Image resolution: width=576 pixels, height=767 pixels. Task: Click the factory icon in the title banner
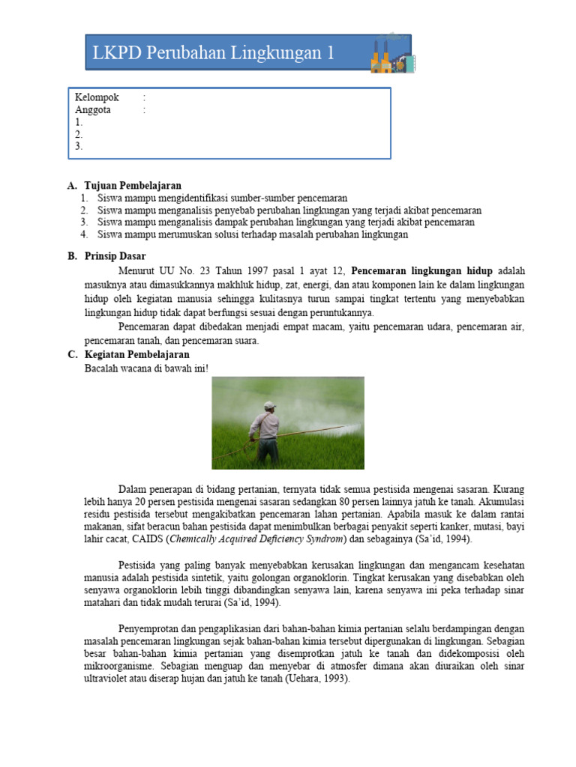click(390, 53)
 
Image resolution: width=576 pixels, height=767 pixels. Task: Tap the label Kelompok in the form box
click(97, 98)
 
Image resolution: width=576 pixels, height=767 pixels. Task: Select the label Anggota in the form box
click(93, 110)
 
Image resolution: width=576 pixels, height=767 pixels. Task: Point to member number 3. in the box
click(79, 147)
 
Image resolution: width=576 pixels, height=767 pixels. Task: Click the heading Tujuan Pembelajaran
click(133, 186)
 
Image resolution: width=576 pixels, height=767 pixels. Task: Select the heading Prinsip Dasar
click(115, 256)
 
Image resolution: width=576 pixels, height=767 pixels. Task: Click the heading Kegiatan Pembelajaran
click(137, 354)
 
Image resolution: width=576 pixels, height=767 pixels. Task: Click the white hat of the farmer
click(269, 405)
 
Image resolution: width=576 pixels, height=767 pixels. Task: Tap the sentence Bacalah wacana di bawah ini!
click(147, 368)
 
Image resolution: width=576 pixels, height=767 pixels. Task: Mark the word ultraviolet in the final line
click(107, 679)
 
